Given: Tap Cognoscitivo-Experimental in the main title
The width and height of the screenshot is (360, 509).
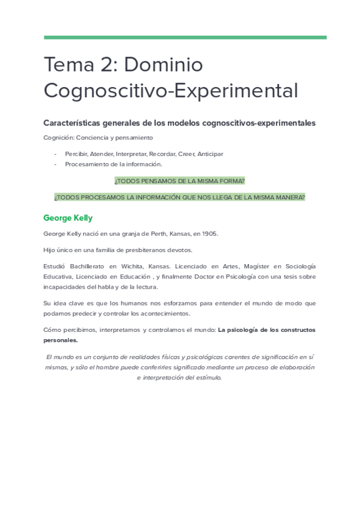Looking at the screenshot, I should [x=170, y=91].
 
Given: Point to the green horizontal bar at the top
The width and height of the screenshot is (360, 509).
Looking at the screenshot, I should [x=185, y=37].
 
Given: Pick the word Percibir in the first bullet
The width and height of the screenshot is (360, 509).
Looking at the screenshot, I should [x=76, y=154].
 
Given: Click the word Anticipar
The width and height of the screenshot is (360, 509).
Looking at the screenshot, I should [x=210, y=154].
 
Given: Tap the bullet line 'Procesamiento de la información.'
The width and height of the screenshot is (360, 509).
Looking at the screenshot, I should [x=113, y=164].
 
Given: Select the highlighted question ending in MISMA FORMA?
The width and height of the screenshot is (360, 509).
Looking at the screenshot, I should [x=179, y=181].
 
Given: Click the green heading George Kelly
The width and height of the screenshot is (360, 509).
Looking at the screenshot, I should [x=68, y=218].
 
